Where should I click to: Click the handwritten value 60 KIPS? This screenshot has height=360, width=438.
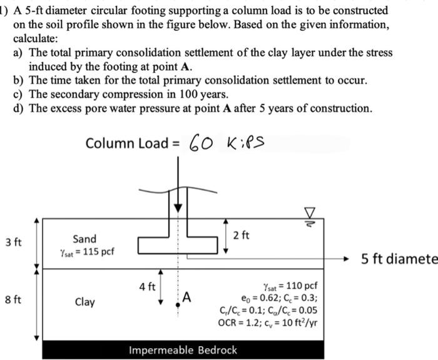(230, 143)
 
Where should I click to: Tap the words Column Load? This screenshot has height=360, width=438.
(125, 143)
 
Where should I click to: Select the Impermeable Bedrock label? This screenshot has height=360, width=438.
(183, 350)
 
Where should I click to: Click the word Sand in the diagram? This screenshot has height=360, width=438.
(84, 239)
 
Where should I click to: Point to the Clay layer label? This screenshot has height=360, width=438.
(84, 302)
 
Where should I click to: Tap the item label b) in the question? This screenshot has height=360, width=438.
(19, 81)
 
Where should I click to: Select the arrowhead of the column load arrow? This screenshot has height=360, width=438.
(178, 207)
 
